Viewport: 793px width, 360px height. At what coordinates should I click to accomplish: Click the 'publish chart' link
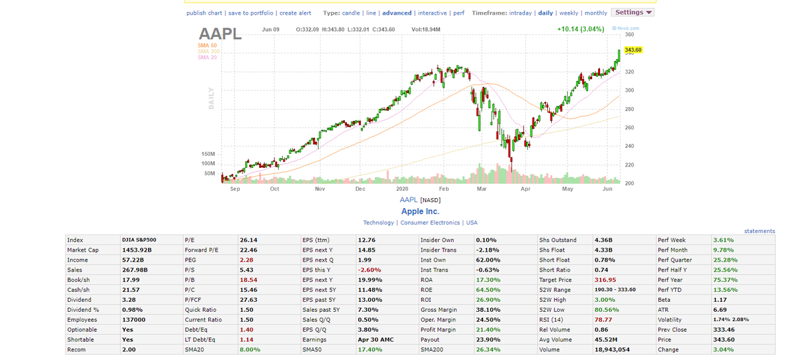coord(204,13)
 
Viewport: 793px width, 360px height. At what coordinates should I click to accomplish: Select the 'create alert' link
coord(295,13)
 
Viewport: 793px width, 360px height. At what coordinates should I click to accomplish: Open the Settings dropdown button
coord(632,13)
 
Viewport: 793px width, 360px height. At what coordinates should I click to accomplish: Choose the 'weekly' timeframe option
coord(568,13)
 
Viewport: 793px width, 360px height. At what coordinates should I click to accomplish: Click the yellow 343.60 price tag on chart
coord(632,50)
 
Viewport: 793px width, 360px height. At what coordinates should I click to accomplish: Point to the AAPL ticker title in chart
coord(220,34)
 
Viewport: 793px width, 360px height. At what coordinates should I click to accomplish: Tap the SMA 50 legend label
coord(207,45)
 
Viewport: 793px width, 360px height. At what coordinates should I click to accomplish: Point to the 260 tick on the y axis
coord(629,127)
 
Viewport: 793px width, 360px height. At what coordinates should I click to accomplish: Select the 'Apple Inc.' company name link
coord(420,211)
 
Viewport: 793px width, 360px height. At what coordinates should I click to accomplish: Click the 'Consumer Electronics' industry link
coord(430,223)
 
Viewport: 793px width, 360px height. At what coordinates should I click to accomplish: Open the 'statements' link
coord(759,231)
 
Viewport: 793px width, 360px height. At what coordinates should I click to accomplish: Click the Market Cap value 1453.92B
coord(137,250)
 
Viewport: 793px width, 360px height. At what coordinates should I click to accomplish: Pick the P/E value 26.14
coord(248,240)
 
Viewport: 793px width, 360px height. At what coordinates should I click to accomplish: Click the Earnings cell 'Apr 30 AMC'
coord(375,340)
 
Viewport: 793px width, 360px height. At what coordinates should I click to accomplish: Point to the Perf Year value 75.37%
coord(725,280)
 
